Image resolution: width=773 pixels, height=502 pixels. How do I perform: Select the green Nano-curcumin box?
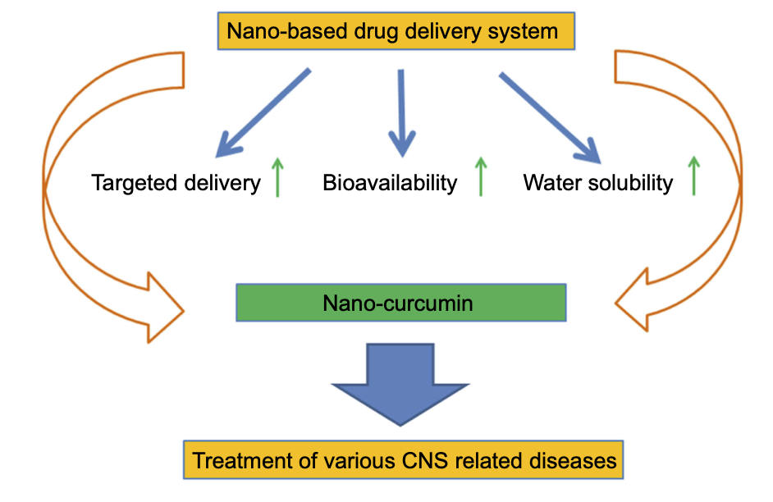pyautogui.click(x=400, y=303)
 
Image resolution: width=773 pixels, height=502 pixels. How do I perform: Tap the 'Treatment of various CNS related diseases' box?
pyautogui.click(x=403, y=460)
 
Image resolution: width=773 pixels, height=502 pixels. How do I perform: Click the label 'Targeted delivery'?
pyautogui.click(x=176, y=182)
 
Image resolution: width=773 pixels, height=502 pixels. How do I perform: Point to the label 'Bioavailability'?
pyautogui.click(x=390, y=182)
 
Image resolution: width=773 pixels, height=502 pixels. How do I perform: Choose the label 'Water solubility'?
pyautogui.click(x=597, y=182)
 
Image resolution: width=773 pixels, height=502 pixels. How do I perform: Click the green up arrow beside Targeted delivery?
pyautogui.click(x=278, y=178)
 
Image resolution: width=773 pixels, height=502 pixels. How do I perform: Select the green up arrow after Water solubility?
pyautogui.click(x=693, y=176)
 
